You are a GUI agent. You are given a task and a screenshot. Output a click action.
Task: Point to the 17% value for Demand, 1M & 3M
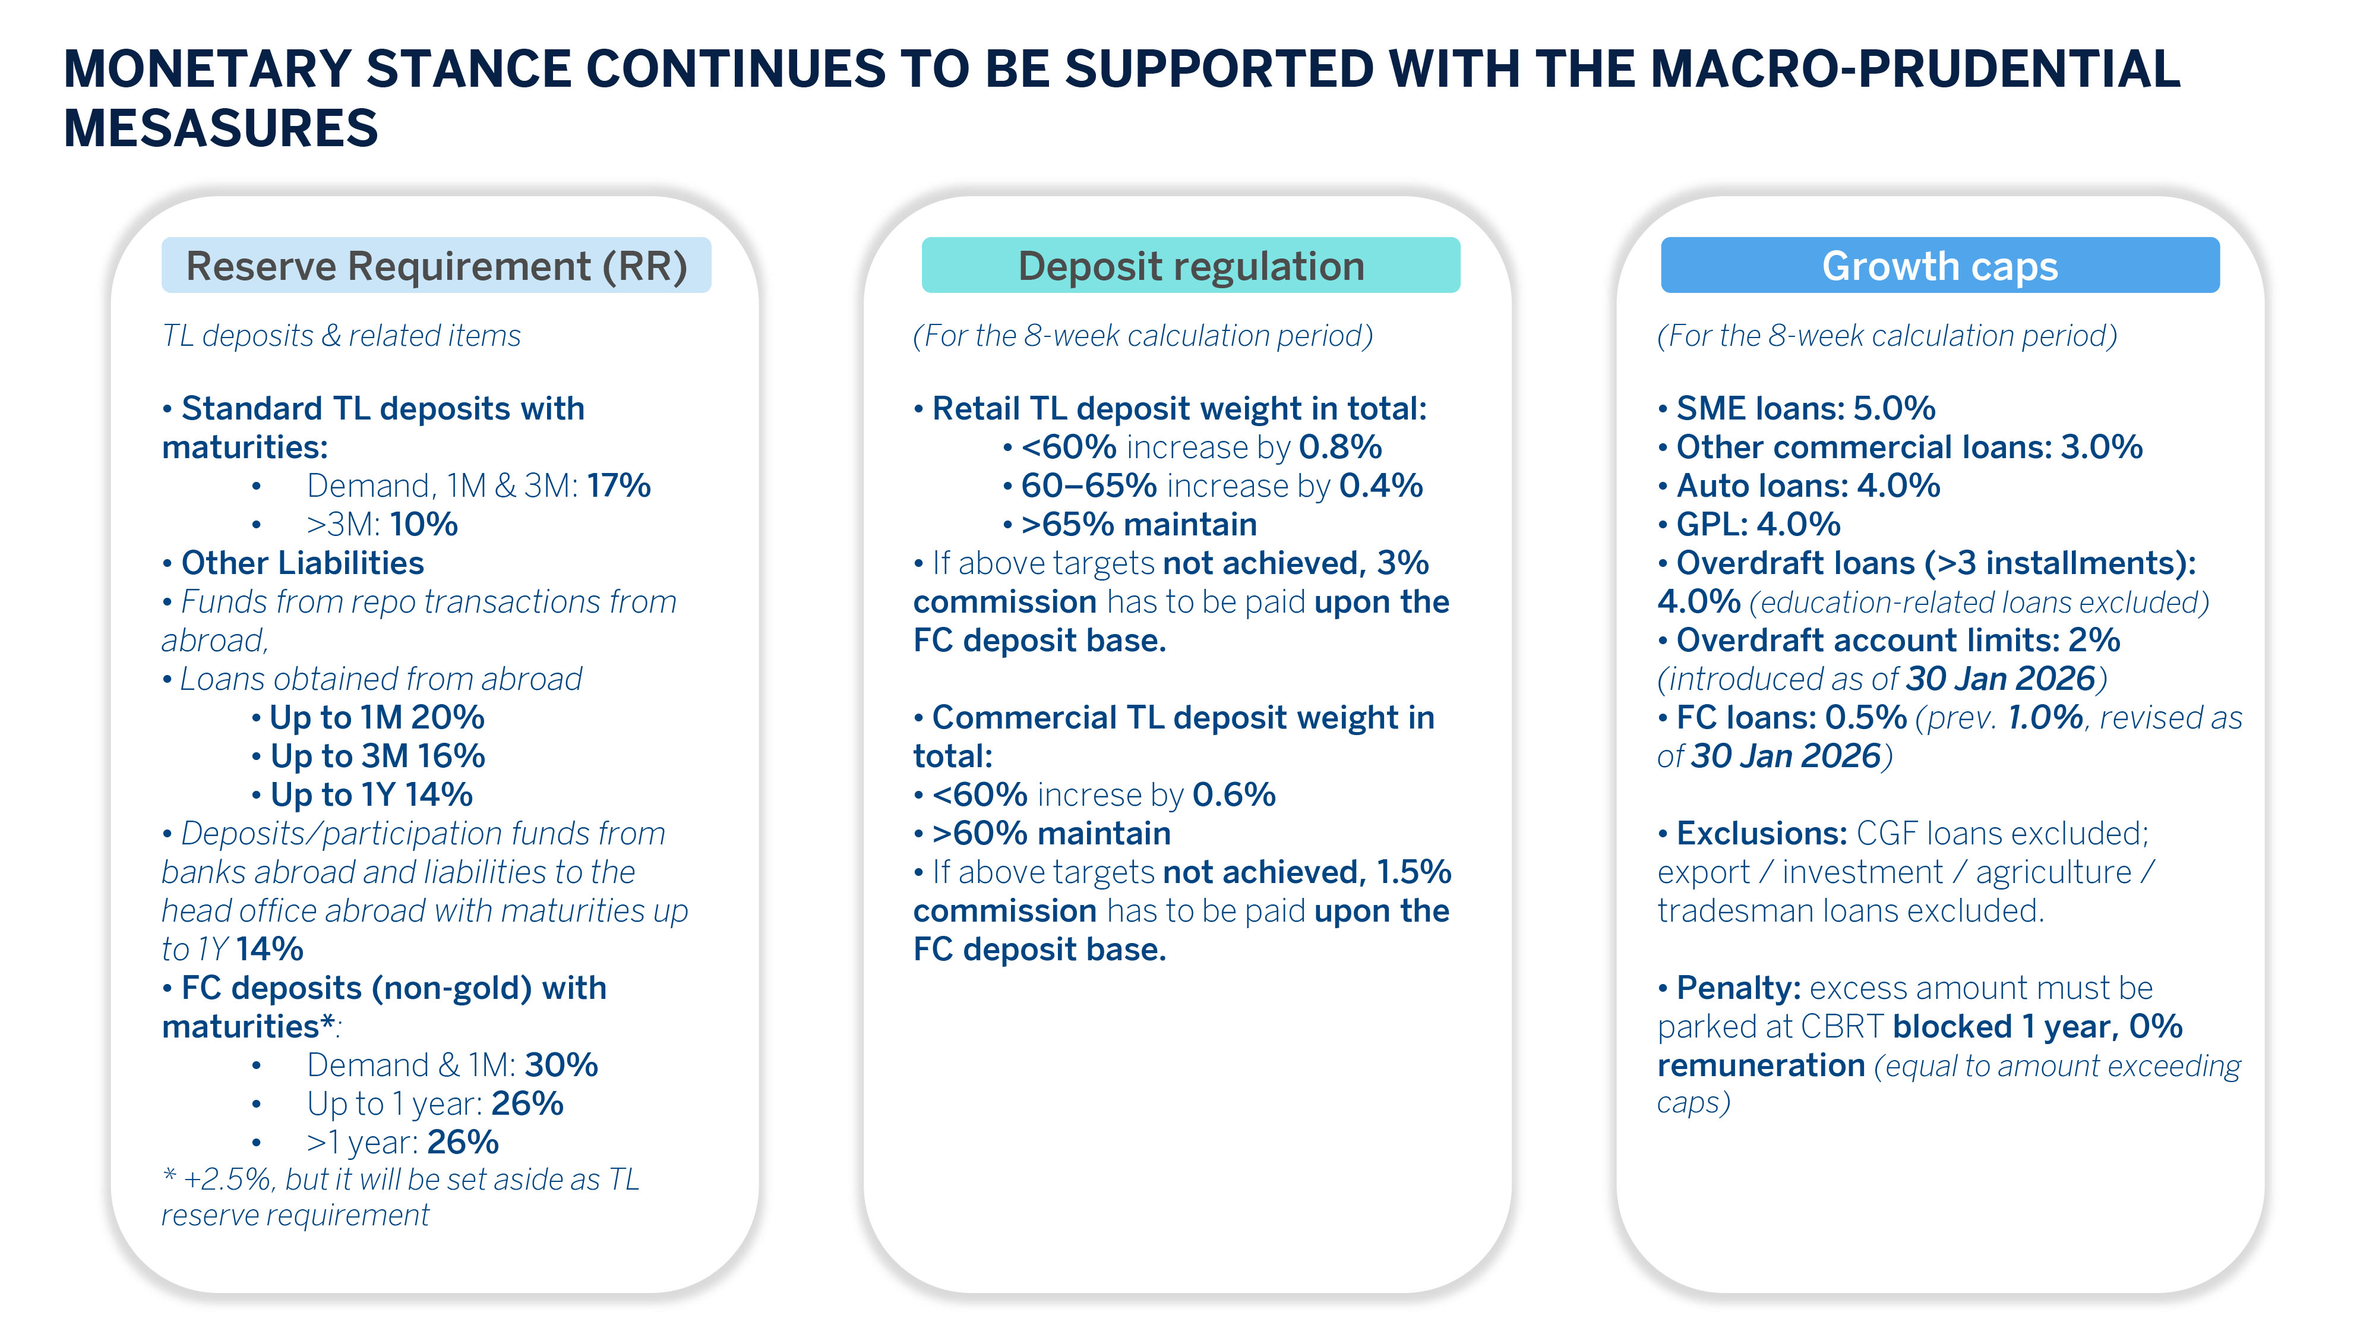[x=619, y=485]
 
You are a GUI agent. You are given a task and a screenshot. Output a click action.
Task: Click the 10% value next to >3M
[x=424, y=524]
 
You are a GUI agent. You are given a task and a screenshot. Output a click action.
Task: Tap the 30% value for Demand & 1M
[x=561, y=1065]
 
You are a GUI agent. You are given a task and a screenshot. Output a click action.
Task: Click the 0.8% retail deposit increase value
[x=1340, y=447]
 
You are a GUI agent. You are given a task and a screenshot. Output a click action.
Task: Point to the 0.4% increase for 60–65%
[x=1381, y=486]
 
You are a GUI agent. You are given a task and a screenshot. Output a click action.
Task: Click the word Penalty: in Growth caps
[x=1737, y=988]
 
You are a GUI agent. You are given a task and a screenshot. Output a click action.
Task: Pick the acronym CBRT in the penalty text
[x=1841, y=1027]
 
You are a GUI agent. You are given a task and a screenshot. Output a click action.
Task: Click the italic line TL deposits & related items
[x=342, y=336]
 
